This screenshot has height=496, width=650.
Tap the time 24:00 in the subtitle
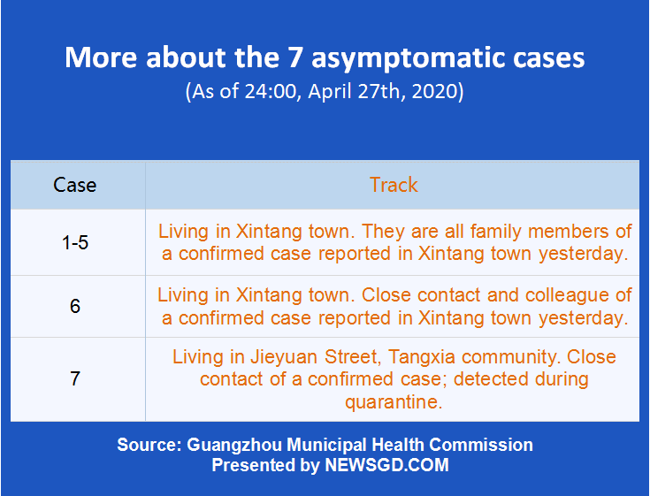(271, 91)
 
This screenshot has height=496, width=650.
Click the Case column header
(74, 185)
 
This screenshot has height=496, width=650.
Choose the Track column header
(394, 185)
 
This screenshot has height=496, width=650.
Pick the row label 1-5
(75, 242)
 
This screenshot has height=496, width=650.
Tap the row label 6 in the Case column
(75, 307)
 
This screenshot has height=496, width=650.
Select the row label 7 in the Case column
(75, 378)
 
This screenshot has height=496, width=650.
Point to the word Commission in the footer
(481, 445)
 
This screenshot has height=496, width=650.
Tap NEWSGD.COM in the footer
(386, 465)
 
